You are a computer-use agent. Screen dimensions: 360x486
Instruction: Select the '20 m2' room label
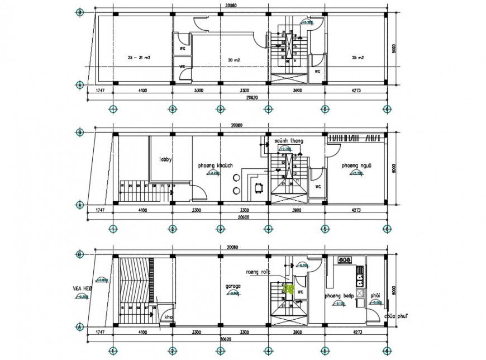(x=234, y=59)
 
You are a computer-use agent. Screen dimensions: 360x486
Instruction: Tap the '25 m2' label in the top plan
(x=358, y=58)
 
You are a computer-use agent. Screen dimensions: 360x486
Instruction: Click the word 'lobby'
(x=165, y=159)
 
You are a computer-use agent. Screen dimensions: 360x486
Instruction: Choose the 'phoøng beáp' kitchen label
(x=340, y=296)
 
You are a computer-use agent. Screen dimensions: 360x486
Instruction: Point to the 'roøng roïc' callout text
(x=258, y=272)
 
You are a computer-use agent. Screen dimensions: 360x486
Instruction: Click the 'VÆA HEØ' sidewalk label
(x=82, y=289)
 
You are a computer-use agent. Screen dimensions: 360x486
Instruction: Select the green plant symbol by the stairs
(x=290, y=289)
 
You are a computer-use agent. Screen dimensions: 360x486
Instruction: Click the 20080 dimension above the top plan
(x=230, y=6)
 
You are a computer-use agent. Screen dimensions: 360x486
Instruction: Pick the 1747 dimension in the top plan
(x=100, y=90)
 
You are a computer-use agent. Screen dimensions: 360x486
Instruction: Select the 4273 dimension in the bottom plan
(x=355, y=332)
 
